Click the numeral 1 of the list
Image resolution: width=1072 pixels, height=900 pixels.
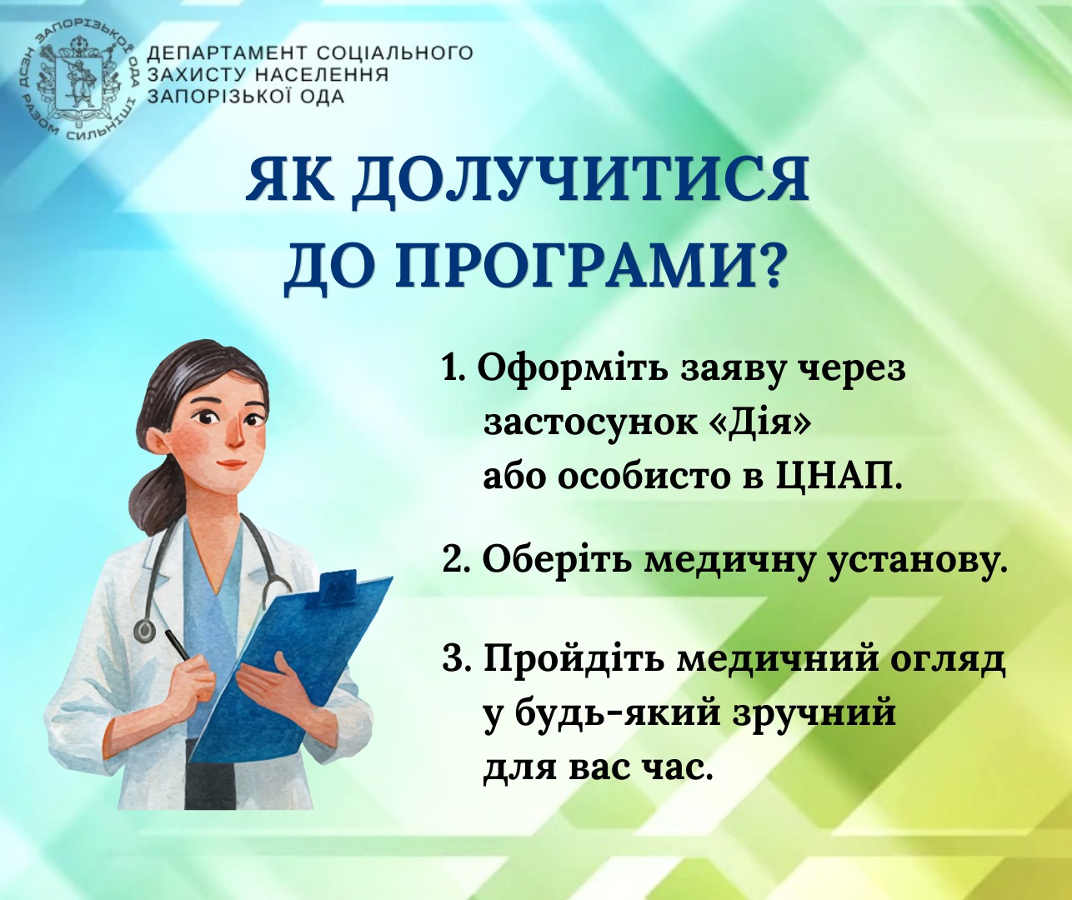[x=450, y=370]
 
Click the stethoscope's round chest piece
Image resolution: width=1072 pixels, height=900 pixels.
[x=145, y=628]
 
